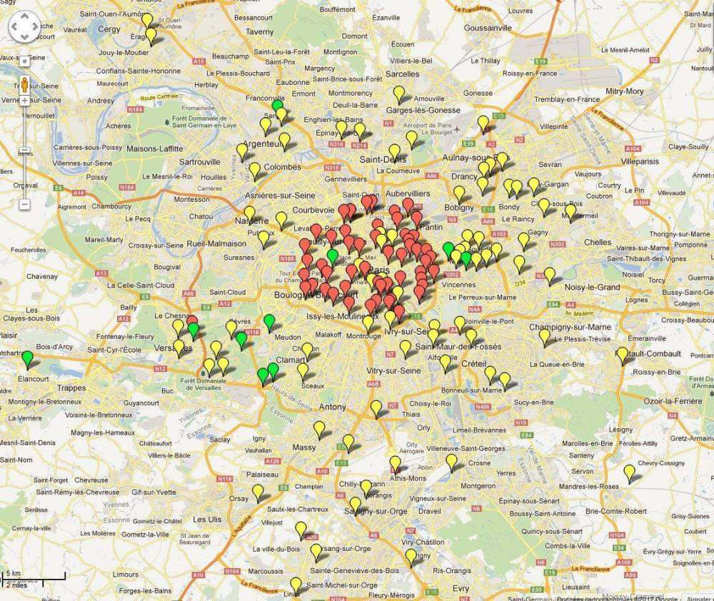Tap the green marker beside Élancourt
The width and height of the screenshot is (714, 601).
[27, 358]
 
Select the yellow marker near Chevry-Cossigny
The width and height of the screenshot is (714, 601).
[629, 473]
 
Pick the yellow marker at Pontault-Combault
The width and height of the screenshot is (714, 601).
[622, 355]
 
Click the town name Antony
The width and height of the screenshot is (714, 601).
[333, 407]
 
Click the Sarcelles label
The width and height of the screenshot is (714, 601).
[403, 74]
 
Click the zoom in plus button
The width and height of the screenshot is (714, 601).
[24, 101]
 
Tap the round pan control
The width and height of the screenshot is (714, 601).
[24, 28]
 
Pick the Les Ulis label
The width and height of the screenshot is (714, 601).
[208, 519]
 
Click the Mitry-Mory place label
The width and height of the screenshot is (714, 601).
[624, 91]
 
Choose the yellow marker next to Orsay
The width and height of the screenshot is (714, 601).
[258, 492]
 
